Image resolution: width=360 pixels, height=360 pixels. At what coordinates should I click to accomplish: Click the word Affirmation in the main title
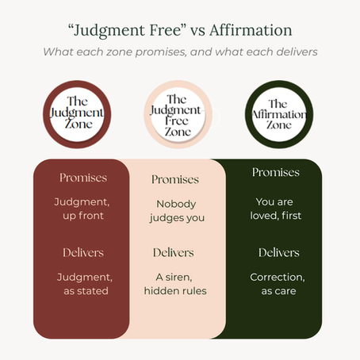(x=251, y=30)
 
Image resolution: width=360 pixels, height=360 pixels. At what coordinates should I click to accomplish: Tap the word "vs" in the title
(x=197, y=31)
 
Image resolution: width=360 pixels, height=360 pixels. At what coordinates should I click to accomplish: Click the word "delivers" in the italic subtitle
(x=297, y=52)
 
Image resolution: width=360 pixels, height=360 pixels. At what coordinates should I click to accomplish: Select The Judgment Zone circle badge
(x=77, y=114)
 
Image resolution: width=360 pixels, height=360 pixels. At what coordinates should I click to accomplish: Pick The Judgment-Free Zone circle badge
(x=178, y=114)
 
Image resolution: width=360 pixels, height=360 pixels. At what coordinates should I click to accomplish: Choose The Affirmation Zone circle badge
(x=279, y=114)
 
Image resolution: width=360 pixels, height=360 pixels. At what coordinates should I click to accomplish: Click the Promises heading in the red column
(x=83, y=178)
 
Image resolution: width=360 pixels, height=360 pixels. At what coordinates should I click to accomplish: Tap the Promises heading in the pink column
(x=175, y=179)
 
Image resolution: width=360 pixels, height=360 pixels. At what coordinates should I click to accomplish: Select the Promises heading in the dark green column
(x=276, y=172)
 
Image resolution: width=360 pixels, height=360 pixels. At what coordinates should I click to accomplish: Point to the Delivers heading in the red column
(x=83, y=253)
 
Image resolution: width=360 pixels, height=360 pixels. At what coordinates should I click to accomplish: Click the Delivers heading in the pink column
(x=174, y=253)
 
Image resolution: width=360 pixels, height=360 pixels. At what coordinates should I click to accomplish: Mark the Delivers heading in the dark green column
(x=279, y=253)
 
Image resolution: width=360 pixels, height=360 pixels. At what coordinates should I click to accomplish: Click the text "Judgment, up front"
(x=82, y=209)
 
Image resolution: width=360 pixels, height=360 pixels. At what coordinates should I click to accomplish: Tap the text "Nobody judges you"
(x=177, y=211)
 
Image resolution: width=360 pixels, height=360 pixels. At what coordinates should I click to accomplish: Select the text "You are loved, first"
(x=276, y=209)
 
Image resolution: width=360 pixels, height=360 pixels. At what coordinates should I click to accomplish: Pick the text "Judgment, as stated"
(x=85, y=284)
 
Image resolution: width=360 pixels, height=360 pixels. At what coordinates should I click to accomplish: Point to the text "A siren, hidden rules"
(x=175, y=284)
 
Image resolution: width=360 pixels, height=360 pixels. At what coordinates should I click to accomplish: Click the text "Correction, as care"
(x=278, y=284)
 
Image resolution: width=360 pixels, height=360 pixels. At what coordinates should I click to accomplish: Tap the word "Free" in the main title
(x=166, y=30)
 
